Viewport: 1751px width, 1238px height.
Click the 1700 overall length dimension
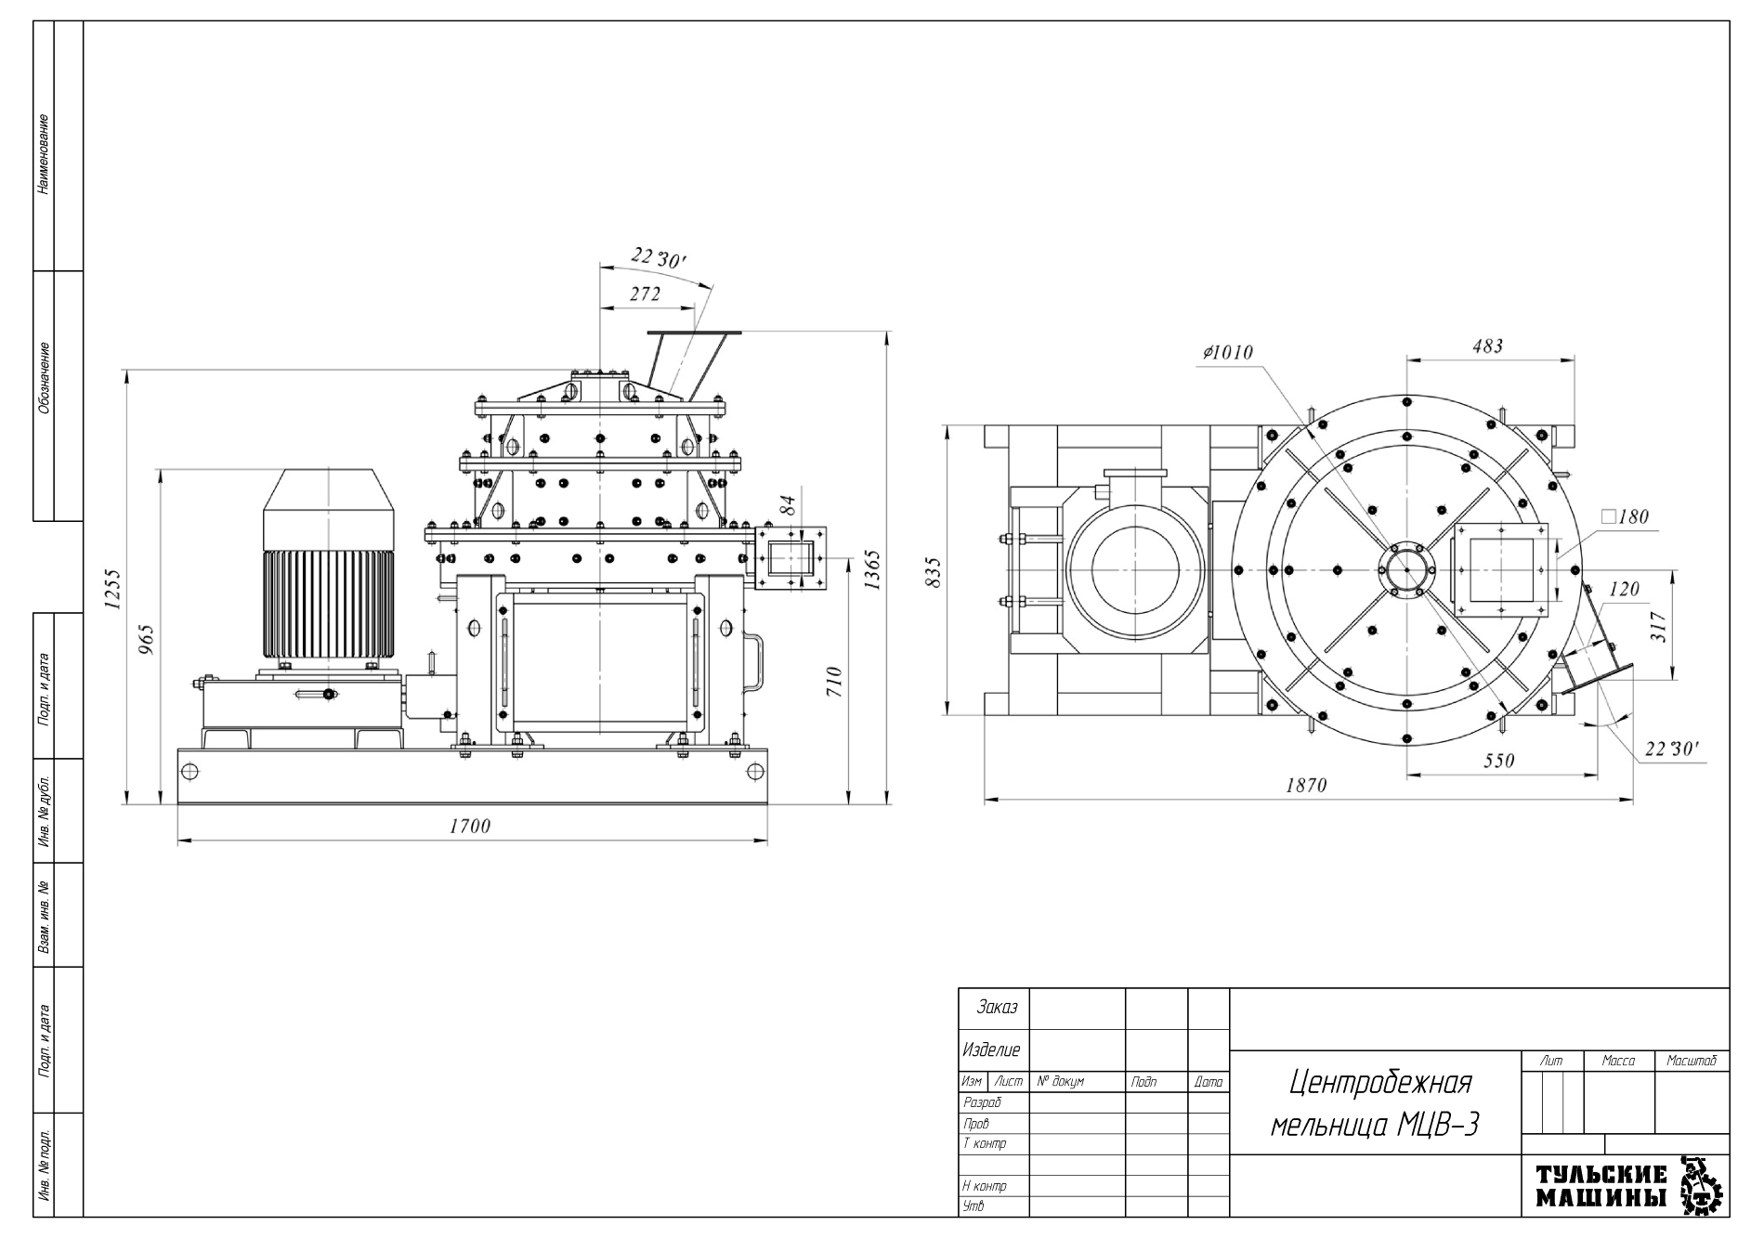tap(470, 826)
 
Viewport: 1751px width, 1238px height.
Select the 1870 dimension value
tap(1306, 785)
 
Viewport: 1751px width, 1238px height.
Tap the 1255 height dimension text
tap(113, 590)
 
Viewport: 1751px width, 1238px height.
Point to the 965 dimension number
tap(147, 639)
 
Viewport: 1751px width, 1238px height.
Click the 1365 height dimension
tap(872, 569)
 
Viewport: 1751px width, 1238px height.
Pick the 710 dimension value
tap(834, 682)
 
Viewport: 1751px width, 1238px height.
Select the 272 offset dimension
tap(645, 294)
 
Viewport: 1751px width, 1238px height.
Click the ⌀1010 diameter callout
tap(1227, 353)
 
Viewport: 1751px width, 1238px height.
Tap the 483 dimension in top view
tap(1487, 346)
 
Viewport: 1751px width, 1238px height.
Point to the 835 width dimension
tap(934, 572)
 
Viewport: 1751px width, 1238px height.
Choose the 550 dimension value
tap(1498, 761)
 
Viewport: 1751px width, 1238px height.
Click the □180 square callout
tap(1625, 516)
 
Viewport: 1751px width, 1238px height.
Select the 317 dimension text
tap(1660, 626)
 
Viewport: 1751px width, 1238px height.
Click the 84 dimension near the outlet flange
tap(788, 506)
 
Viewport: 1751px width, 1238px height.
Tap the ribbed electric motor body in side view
tap(328, 604)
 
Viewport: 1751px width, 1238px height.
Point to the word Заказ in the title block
tap(997, 1008)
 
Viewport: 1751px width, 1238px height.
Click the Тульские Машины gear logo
tap(1702, 1186)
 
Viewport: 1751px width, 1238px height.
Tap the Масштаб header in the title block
tap(1691, 1061)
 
